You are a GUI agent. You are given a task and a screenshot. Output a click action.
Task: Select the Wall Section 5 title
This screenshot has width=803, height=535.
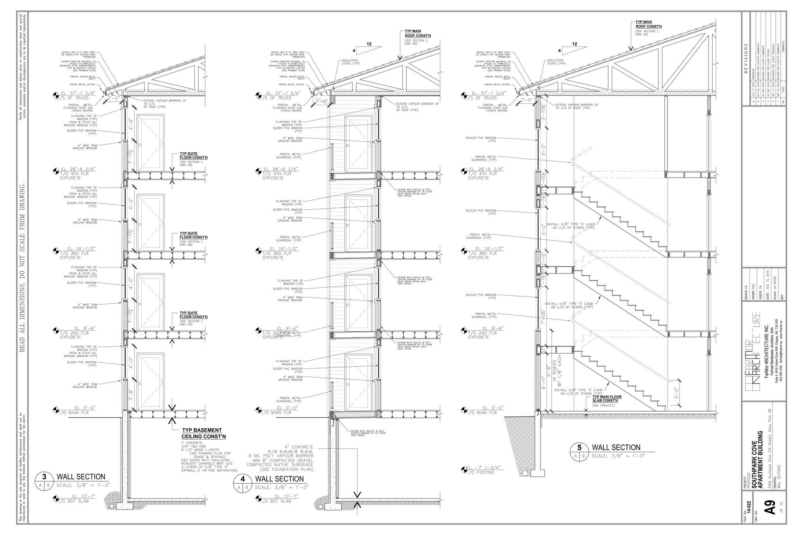point(616,447)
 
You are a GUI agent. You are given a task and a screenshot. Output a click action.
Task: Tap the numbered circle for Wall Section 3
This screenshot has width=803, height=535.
point(44,477)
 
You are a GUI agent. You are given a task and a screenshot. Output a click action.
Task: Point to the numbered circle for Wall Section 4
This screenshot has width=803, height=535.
point(243,479)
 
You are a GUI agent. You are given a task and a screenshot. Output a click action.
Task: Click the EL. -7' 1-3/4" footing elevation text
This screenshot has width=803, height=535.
point(484,467)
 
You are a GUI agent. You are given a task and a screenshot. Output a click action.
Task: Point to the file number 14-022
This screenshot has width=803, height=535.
point(749,515)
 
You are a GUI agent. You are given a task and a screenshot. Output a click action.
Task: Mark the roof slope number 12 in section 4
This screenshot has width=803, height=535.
point(369,44)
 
